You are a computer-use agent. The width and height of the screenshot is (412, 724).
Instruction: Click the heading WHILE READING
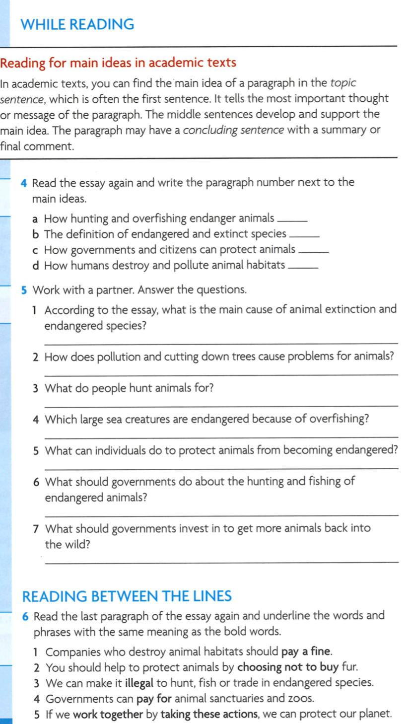78,24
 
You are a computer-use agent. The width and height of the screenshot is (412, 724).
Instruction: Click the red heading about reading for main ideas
118,63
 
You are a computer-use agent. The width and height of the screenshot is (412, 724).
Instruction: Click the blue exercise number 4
24,183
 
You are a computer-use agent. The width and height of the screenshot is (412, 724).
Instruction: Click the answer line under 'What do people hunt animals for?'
221,406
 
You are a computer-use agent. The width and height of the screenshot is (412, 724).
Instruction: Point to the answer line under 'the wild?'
221,562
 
